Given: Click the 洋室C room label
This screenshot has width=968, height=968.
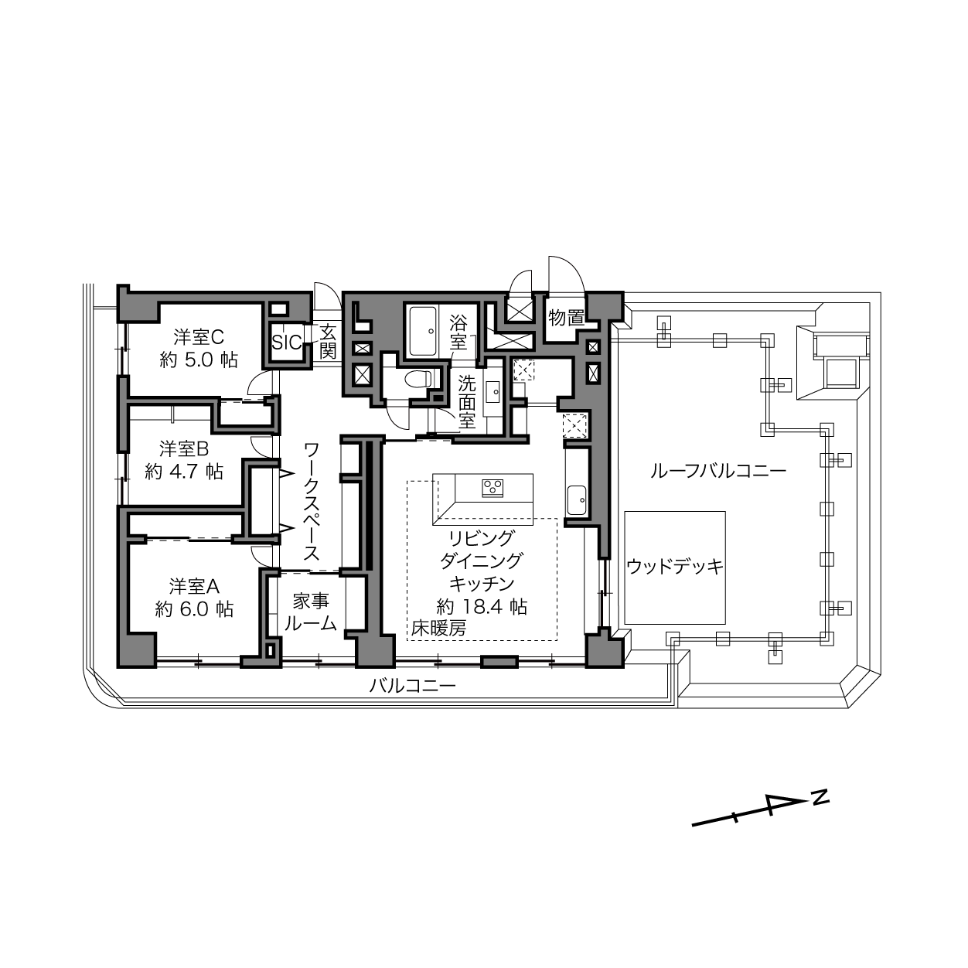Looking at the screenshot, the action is pyautogui.click(x=199, y=336).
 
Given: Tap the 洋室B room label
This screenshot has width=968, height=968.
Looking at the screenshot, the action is pyautogui.click(x=184, y=448).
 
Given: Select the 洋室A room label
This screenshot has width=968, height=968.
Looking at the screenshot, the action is pyautogui.click(x=194, y=586).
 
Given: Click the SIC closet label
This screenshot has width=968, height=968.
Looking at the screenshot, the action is pyautogui.click(x=287, y=342).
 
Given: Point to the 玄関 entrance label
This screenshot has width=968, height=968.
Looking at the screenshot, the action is pyautogui.click(x=328, y=341).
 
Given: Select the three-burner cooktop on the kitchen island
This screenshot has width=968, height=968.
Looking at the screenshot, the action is pyautogui.click(x=493, y=488).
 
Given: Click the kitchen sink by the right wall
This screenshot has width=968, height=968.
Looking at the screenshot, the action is pyautogui.click(x=578, y=500).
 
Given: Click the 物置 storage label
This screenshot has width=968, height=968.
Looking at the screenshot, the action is pyautogui.click(x=567, y=318).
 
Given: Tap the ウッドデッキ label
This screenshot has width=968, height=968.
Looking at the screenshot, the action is pyautogui.click(x=675, y=567).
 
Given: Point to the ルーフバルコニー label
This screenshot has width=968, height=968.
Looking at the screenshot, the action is pyautogui.click(x=718, y=471).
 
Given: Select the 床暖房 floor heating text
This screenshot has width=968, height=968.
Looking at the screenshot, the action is pyautogui.click(x=438, y=628).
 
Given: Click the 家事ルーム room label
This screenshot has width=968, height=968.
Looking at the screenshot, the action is pyautogui.click(x=311, y=612).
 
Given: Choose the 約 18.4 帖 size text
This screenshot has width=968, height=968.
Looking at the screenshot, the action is pyautogui.click(x=482, y=607).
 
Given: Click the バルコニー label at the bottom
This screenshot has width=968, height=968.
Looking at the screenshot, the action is pyautogui.click(x=413, y=686).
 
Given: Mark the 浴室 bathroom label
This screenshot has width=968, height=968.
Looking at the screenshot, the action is pyautogui.click(x=458, y=331).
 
